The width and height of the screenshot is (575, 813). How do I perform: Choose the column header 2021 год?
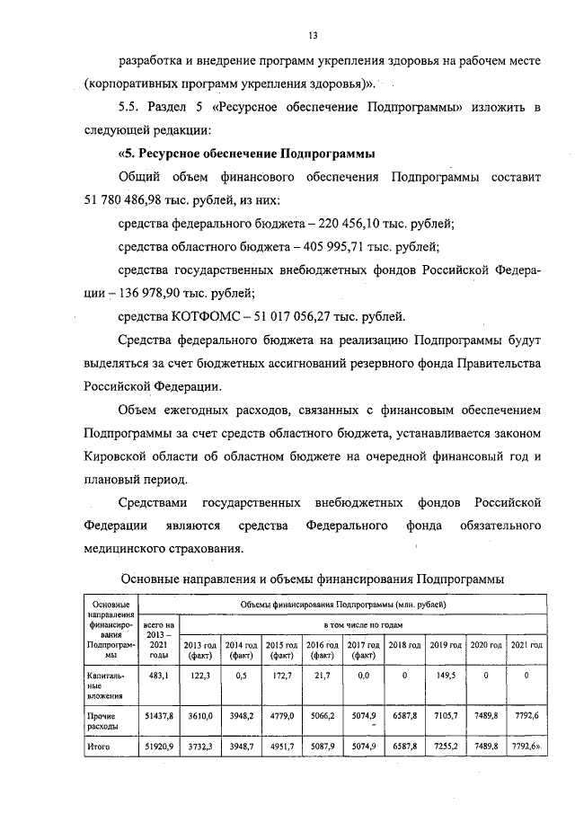[526, 645]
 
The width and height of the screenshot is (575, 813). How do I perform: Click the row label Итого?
[99, 746]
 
